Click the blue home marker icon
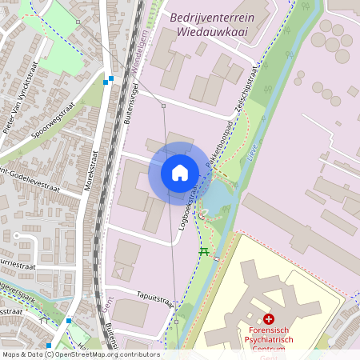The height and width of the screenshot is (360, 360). coord(179,173)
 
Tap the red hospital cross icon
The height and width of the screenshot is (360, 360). coord(269,318)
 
